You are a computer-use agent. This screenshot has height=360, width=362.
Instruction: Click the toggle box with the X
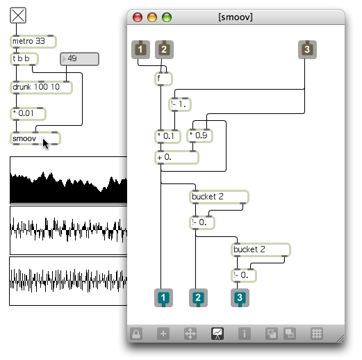click(x=18, y=15)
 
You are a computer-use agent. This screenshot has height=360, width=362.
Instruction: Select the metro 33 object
click(x=33, y=42)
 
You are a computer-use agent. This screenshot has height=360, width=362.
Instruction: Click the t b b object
click(x=24, y=59)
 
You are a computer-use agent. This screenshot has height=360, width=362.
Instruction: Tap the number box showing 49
click(x=80, y=59)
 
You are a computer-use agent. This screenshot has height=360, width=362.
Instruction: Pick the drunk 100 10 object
click(x=41, y=88)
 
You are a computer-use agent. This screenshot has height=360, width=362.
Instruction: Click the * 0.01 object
click(x=28, y=114)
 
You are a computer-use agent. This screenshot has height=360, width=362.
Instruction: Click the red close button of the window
click(x=138, y=17)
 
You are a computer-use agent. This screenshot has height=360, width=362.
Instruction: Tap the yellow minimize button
click(x=152, y=17)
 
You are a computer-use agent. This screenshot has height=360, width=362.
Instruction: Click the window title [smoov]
click(x=236, y=17)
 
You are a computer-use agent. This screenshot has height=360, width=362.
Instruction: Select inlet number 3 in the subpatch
click(x=307, y=49)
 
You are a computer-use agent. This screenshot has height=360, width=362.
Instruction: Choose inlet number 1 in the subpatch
click(x=140, y=49)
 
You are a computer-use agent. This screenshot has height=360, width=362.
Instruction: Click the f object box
click(x=163, y=79)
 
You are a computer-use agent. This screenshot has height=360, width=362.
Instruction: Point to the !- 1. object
click(x=180, y=104)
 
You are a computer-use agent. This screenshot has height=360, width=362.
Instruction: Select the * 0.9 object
click(x=199, y=136)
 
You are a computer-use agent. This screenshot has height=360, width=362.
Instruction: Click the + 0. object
click(x=176, y=158)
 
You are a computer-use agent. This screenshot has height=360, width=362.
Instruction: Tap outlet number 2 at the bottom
click(x=198, y=298)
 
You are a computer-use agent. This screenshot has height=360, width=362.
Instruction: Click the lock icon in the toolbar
click(x=136, y=334)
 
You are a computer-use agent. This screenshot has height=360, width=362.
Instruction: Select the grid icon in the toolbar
click(x=317, y=334)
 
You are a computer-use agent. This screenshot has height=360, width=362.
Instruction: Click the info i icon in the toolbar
click(x=245, y=334)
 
